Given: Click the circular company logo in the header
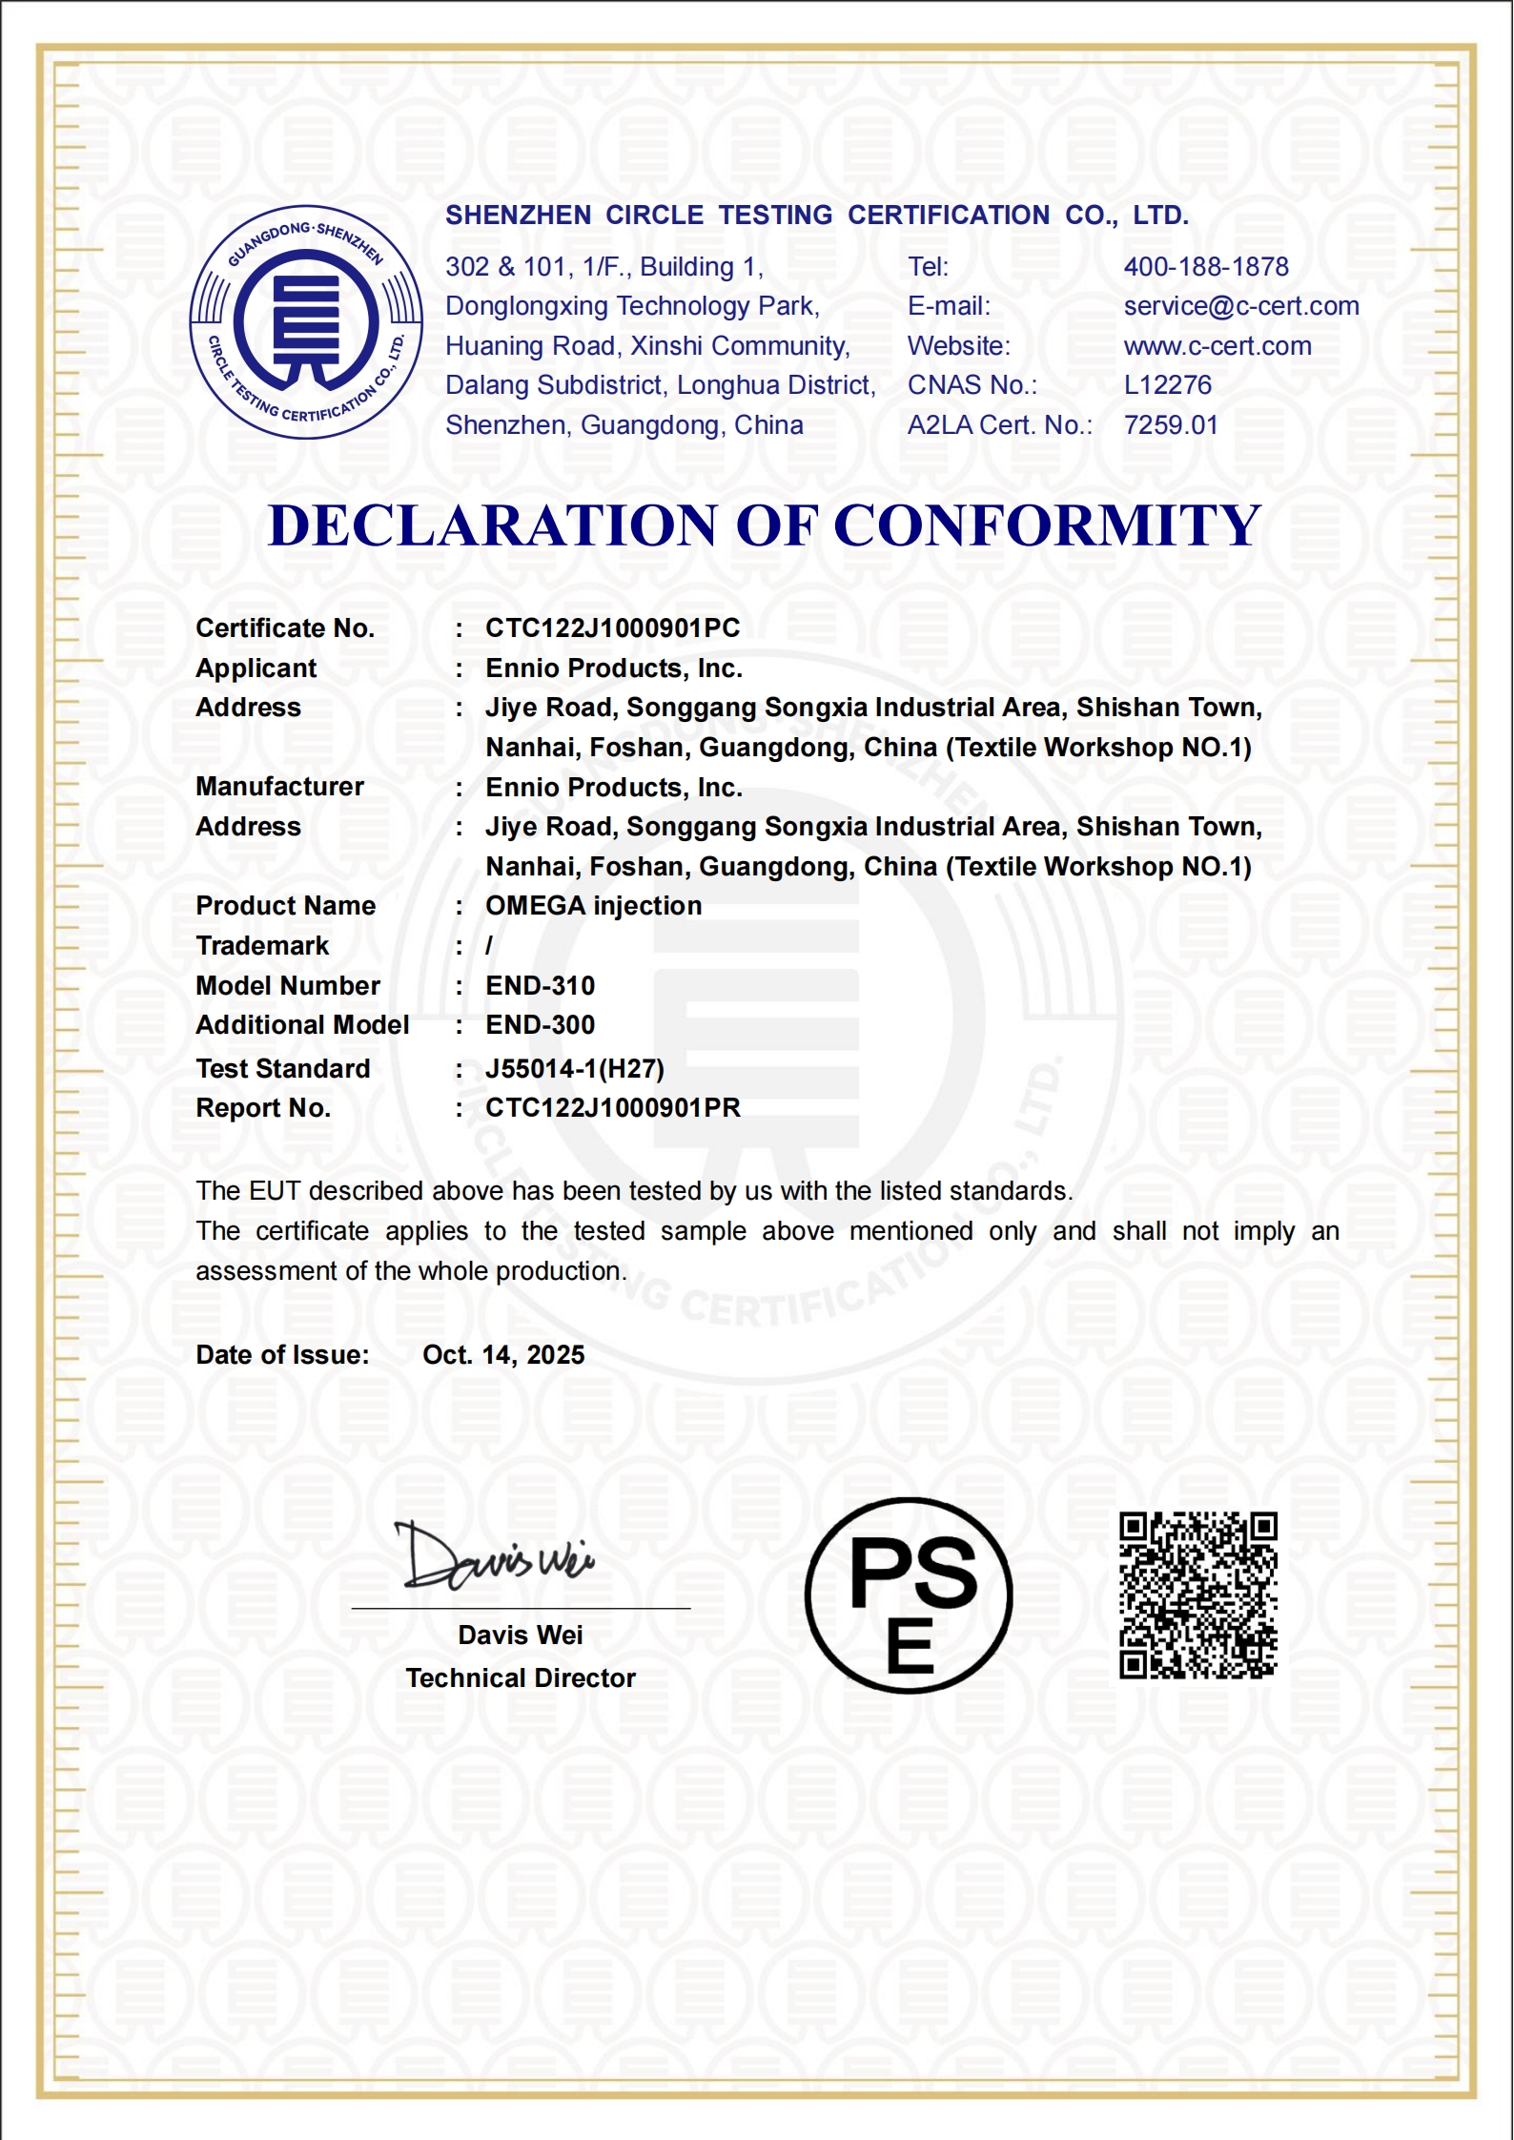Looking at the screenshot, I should click(306, 322).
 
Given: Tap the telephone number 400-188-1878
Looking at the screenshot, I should click(1205, 267).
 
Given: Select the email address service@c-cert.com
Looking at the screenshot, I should click(1240, 306).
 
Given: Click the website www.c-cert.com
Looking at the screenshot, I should click(1217, 346).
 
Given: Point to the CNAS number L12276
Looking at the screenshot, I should click(1167, 385).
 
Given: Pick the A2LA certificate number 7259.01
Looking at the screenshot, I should click(1170, 425).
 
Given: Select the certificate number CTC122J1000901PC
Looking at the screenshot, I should click(612, 628).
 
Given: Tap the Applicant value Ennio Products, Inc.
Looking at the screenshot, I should click(613, 669).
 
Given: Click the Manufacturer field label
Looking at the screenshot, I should click(279, 787).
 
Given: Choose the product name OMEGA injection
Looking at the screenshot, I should click(593, 906).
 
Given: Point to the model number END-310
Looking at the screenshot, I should click(540, 985).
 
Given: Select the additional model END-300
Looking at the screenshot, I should click(540, 1025).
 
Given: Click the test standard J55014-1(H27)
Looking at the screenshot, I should click(574, 1069).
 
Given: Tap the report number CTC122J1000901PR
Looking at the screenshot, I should click(612, 1108).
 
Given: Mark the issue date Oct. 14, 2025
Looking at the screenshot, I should click(502, 1355).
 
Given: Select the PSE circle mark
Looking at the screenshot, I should click(909, 1595).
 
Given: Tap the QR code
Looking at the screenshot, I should click(1197, 1595).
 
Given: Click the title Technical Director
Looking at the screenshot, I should click(520, 1678).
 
